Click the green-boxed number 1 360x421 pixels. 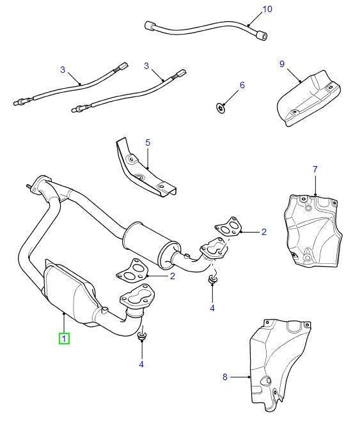(x=65, y=338)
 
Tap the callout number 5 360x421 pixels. (x=147, y=142)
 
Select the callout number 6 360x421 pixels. (x=242, y=85)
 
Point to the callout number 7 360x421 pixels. (x=315, y=169)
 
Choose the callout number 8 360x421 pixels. (x=225, y=377)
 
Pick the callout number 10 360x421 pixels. (x=267, y=9)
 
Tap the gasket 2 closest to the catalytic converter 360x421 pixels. (x=132, y=272)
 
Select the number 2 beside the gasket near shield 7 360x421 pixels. (x=263, y=233)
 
